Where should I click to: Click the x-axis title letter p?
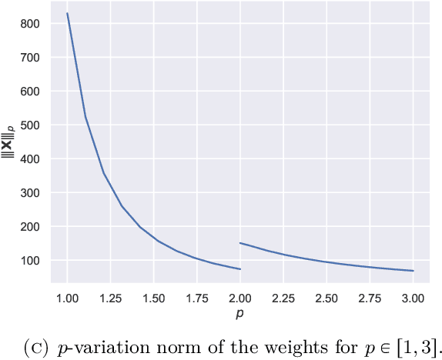click(x=240, y=315)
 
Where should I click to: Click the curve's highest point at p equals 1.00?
click(x=68, y=13)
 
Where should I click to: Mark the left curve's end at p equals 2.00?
click(x=240, y=269)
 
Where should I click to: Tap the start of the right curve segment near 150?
click(x=241, y=243)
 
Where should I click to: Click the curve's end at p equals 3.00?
click(x=413, y=271)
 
